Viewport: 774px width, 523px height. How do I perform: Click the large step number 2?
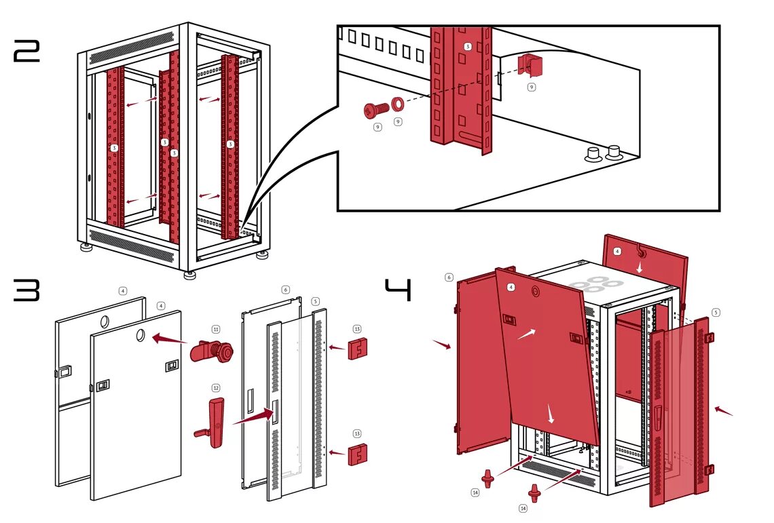tap(27, 52)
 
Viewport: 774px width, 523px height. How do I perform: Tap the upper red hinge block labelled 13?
tap(358, 349)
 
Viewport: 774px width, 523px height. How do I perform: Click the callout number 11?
tap(216, 329)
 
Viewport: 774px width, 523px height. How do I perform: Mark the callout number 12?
tap(216, 388)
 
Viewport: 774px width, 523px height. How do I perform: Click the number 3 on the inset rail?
tap(467, 46)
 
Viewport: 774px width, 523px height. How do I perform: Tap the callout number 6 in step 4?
tap(449, 277)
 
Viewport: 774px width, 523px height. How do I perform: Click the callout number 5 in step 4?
tap(716, 313)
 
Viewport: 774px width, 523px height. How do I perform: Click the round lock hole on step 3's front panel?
tap(140, 334)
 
